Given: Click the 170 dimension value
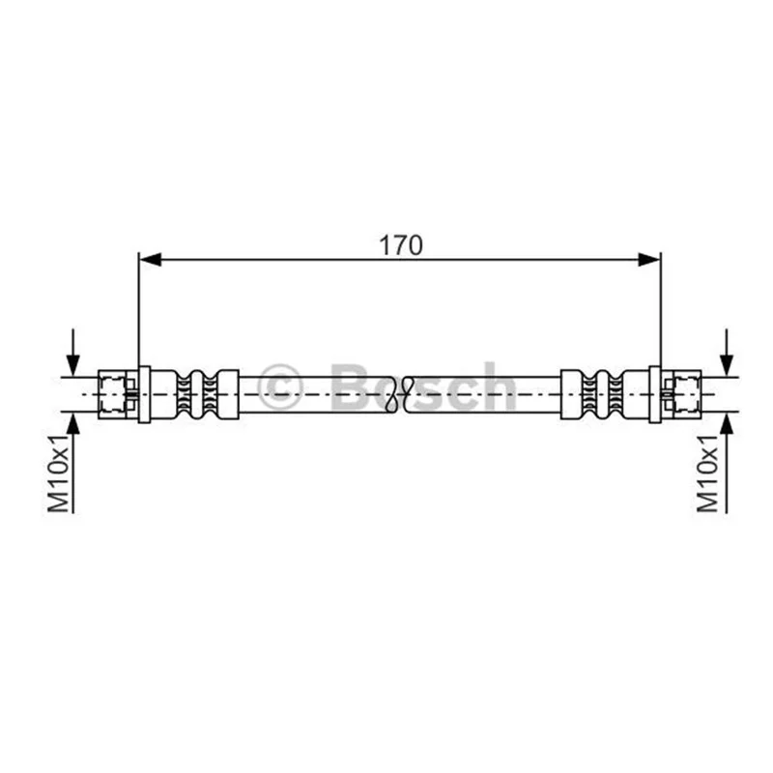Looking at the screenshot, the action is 400,245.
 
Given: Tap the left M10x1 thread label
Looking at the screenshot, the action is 58,473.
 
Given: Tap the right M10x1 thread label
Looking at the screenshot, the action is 707,473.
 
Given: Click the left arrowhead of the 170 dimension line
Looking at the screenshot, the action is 151,259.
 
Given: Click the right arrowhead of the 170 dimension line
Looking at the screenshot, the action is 648,259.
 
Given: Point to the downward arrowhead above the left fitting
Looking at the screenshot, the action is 73,366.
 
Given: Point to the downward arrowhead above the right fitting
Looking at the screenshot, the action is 727,366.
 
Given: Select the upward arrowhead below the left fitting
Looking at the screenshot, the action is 73,423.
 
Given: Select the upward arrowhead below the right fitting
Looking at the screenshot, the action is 727,423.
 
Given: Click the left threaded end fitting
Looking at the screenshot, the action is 118,394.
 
